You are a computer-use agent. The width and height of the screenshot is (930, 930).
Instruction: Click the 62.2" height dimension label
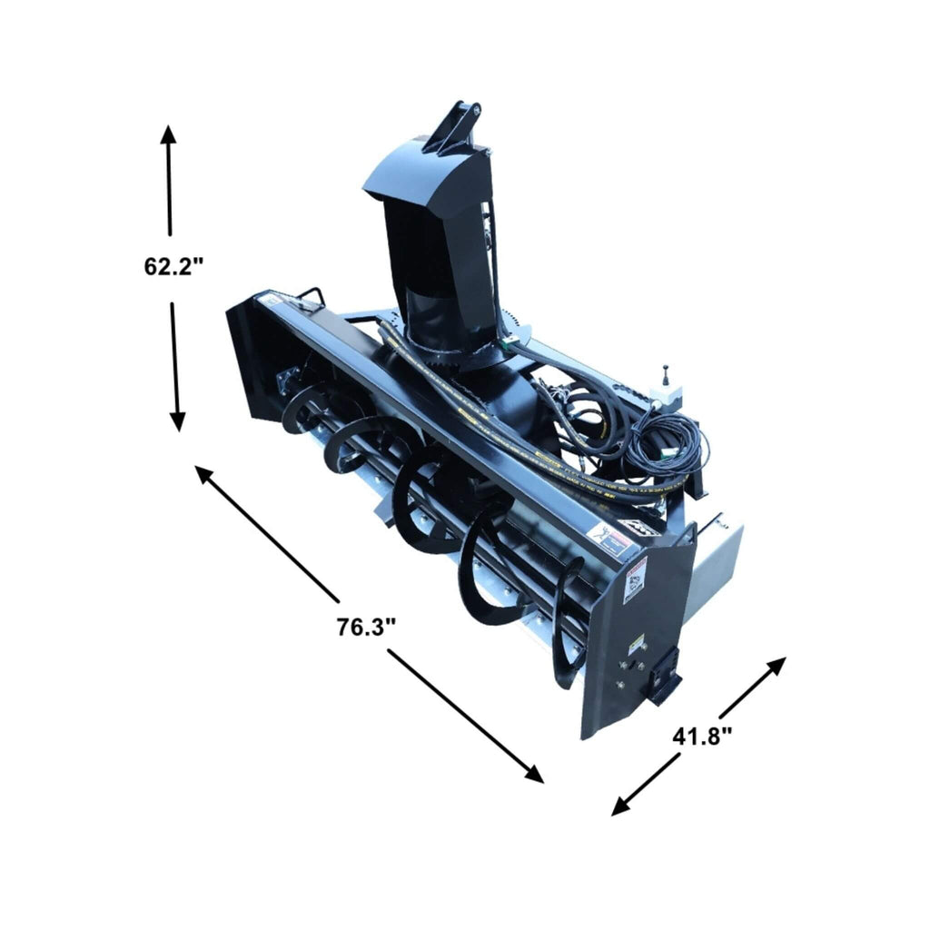coord(173,267)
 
